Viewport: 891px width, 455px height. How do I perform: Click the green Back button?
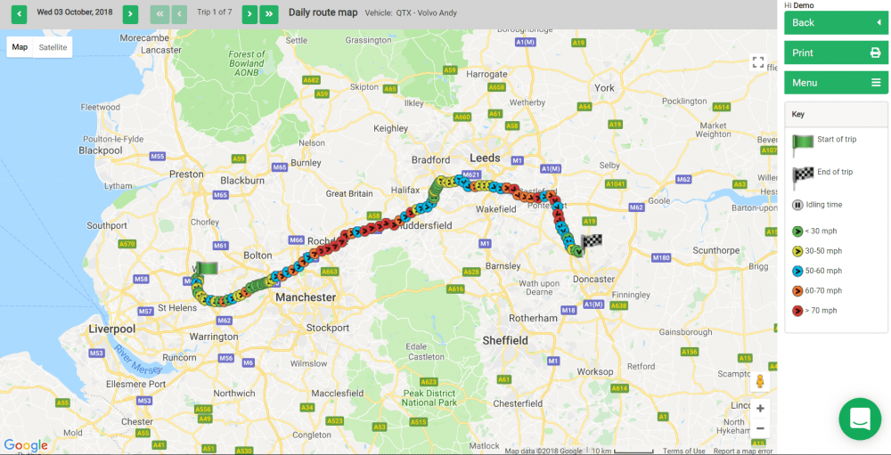tap(836, 22)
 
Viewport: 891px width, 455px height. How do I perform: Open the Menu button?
tap(836, 83)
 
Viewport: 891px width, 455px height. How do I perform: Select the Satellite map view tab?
tap(53, 47)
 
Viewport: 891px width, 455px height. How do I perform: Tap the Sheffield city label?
tap(505, 340)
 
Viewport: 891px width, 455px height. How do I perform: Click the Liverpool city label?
tap(111, 329)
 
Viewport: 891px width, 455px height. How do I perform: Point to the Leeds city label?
tap(486, 158)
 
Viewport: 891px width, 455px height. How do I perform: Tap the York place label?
tap(605, 88)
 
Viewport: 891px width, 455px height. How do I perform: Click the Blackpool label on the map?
tap(100, 150)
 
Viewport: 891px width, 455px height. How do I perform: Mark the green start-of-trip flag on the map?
tap(206, 268)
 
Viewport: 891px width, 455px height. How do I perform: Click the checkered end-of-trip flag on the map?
tap(591, 242)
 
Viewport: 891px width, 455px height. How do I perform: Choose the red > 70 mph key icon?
tap(797, 311)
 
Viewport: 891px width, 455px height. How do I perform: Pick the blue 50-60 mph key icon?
tap(797, 271)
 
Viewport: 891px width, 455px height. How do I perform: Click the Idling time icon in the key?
tap(797, 205)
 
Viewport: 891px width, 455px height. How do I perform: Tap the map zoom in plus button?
tap(760, 409)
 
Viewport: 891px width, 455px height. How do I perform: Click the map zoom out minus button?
tap(760, 428)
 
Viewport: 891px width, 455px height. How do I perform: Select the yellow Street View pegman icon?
tap(760, 381)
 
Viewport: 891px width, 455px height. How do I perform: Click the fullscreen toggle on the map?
tap(758, 62)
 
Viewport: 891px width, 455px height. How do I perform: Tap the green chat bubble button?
tap(860, 418)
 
